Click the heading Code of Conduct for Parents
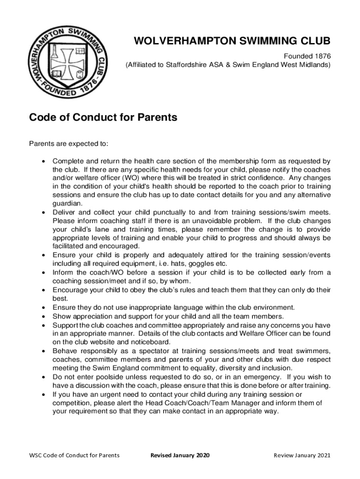click(x=103, y=117)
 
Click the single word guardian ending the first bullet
click(x=68, y=203)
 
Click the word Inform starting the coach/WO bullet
click(x=63, y=272)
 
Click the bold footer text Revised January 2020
click(x=180, y=455)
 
